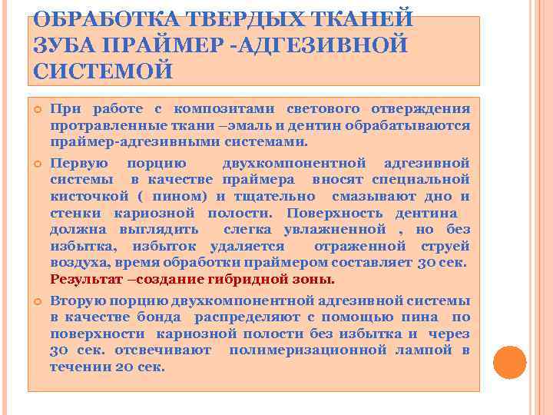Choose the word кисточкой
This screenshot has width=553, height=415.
[x=80, y=196]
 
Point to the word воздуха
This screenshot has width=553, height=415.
[x=75, y=262]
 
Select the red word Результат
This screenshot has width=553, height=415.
[x=84, y=278]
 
